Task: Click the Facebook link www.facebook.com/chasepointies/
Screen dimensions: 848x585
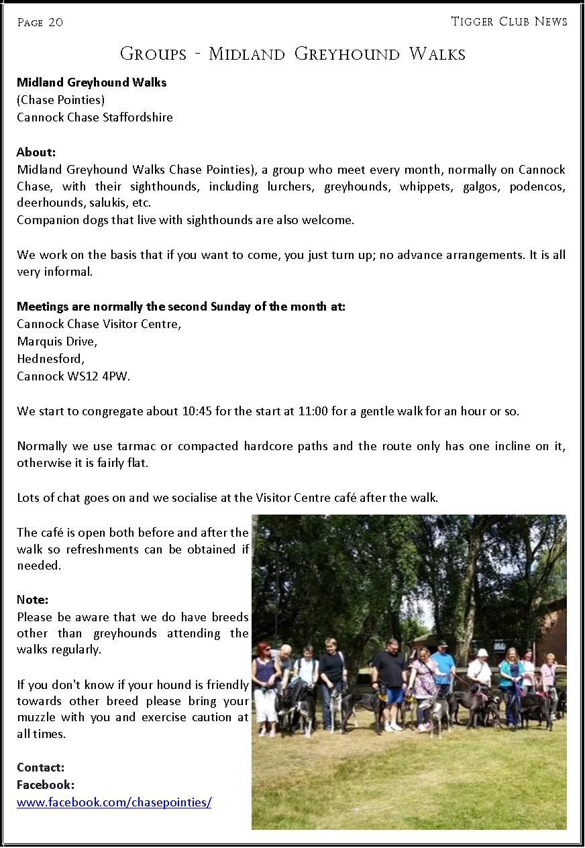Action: pyautogui.click(x=114, y=802)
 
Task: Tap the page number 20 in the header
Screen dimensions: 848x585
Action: pyautogui.click(x=56, y=23)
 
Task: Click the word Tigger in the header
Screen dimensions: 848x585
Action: pyautogui.click(x=472, y=21)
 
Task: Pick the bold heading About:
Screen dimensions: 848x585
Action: pyautogui.click(x=36, y=152)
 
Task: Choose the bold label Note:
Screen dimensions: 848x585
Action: pyautogui.click(x=33, y=599)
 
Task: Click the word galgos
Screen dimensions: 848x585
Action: pyautogui.click(x=479, y=186)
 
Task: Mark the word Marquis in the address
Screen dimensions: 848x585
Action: pyautogui.click(x=39, y=341)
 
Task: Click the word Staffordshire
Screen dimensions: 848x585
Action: pyautogui.click(x=138, y=117)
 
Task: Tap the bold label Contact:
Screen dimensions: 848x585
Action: pyautogui.click(x=41, y=767)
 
